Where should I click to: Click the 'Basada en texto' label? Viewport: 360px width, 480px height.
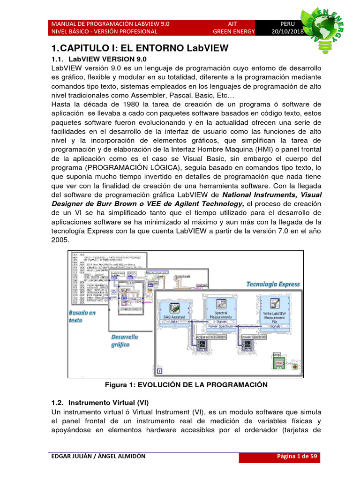pos(82,316)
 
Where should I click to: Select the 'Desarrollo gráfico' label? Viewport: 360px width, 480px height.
pos(124,340)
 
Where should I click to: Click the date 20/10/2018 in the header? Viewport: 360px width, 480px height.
pos(287,31)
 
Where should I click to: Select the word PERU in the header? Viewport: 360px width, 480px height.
pos(287,23)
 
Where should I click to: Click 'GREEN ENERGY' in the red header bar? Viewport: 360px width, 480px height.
pos(233,31)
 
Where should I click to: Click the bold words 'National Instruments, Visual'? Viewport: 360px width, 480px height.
pos(272,195)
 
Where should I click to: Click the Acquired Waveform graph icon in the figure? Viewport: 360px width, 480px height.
pos(202,346)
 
